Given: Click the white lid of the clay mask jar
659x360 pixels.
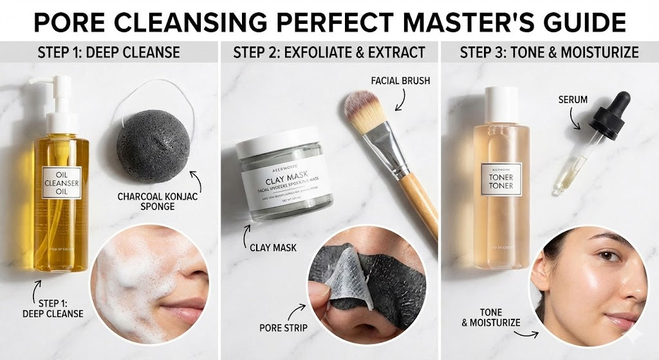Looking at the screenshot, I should (x=277, y=145).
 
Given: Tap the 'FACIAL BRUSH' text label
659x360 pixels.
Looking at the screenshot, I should (x=400, y=81).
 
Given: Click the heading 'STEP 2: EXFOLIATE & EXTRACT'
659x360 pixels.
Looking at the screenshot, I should (x=329, y=52).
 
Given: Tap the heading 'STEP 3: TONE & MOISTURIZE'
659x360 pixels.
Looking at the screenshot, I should (x=549, y=52).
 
